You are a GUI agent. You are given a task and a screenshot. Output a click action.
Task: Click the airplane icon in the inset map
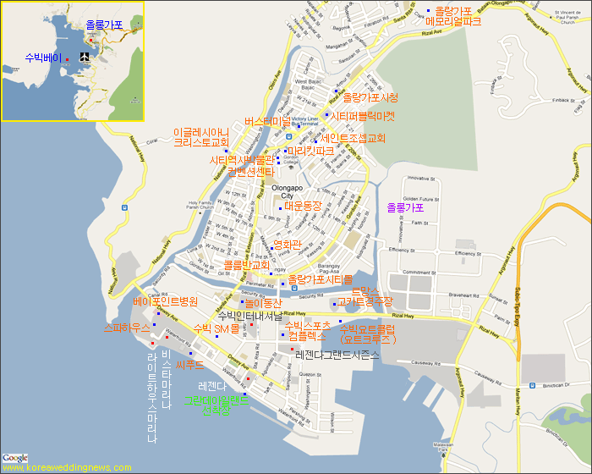(85, 57)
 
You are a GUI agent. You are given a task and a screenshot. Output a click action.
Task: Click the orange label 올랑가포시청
(370, 98)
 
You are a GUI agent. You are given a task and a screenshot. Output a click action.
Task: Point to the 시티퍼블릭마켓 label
(362, 117)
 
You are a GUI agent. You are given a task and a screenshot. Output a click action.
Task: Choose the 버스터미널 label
(266, 122)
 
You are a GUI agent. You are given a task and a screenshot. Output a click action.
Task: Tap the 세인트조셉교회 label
(354, 138)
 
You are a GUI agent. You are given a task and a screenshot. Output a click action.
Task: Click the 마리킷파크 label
(310, 152)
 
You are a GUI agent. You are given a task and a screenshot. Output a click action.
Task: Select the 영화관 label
(287, 244)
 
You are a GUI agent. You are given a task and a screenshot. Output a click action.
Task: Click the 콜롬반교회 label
(246, 265)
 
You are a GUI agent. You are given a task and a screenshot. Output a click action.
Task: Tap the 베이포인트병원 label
(165, 301)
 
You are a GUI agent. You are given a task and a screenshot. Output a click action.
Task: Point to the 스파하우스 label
(127, 326)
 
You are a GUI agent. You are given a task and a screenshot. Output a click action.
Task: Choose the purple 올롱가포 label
(405, 207)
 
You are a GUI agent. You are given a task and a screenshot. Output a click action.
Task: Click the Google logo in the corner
(14, 458)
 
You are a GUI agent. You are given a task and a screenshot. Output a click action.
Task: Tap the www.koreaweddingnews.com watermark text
(67, 467)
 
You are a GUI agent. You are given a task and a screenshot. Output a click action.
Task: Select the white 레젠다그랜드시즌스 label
(337, 355)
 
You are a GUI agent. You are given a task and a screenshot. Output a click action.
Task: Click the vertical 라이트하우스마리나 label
(152, 397)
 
